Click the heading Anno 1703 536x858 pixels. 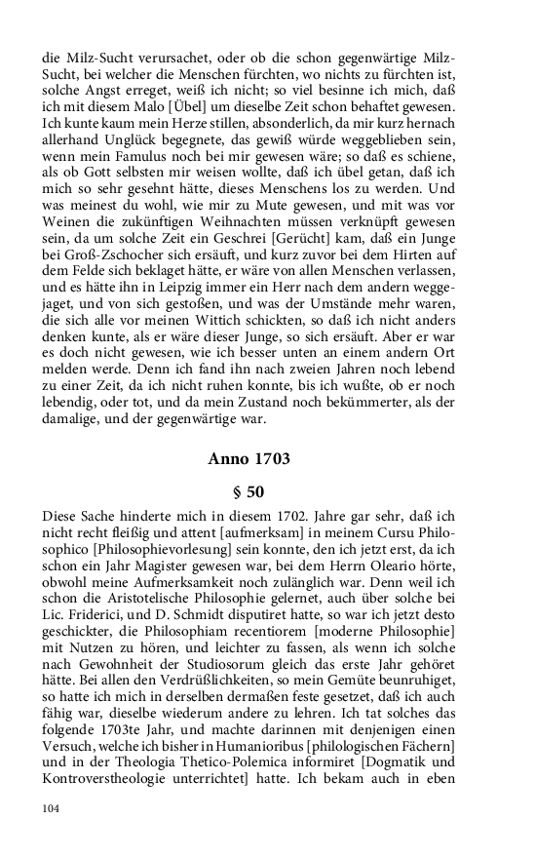pos(262,457)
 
